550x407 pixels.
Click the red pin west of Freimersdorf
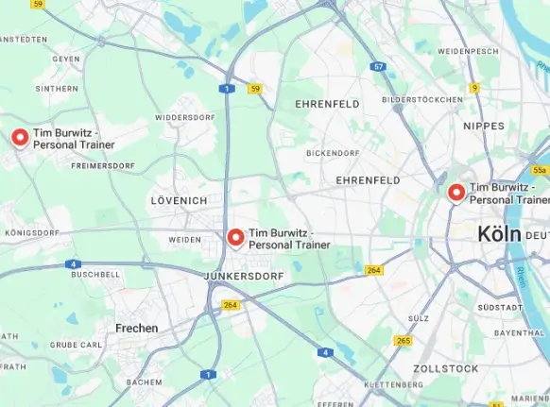point(20,138)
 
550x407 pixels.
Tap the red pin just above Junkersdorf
point(235,237)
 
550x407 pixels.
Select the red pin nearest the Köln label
point(456,193)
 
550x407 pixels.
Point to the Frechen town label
point(136,328)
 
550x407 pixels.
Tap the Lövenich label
point(178,201)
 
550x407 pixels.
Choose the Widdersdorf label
point(185,117)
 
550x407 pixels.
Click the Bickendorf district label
point(333,152)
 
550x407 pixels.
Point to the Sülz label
point(419,318)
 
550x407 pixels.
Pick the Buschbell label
point(95,274)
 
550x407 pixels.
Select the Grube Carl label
point(77,345)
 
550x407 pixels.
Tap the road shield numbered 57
point(378,67)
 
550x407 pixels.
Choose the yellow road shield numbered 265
point(404,341)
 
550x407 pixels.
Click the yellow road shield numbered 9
point(474,88)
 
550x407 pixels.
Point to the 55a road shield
point(539,170)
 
